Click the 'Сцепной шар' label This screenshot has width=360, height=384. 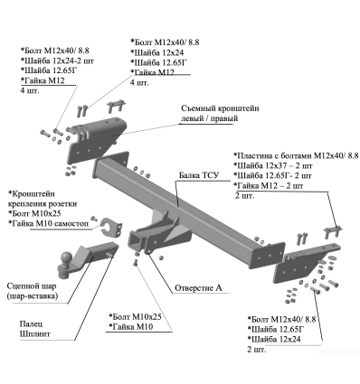(33, 282)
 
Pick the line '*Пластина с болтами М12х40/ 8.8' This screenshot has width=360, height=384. (295, 155)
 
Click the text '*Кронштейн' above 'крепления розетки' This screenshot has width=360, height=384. (36, 194)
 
